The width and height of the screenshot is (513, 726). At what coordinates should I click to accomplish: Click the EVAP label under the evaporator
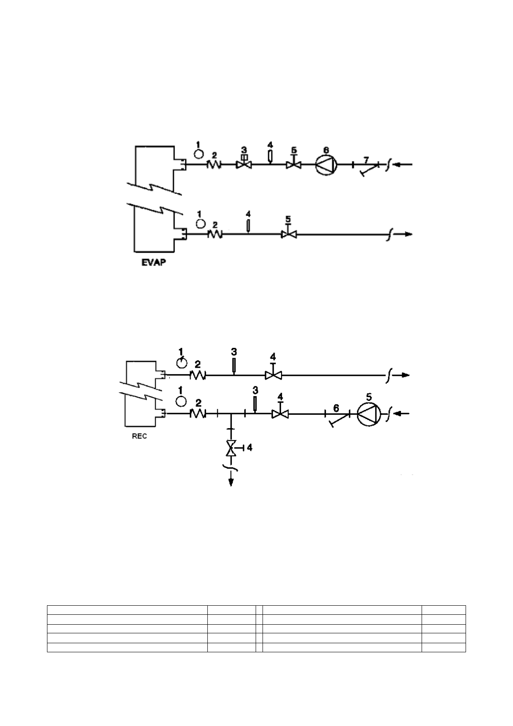pos(153,262)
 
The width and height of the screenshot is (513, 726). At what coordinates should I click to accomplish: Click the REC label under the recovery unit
pos(139,436)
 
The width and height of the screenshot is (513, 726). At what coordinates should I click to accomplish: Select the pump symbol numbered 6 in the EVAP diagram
pos(326,164)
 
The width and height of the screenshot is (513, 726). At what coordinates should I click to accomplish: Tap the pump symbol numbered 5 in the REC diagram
pos(369,414)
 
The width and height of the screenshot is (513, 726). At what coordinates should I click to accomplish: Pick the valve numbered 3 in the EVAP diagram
pos(244,164)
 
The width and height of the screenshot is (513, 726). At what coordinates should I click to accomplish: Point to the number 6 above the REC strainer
pos(336,407)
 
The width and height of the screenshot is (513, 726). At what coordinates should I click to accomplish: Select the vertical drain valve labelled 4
pos(231,449)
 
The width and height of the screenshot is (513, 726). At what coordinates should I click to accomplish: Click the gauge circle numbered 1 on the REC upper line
pos(181,363)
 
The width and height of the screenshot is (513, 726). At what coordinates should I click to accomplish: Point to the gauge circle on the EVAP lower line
pos(200,223)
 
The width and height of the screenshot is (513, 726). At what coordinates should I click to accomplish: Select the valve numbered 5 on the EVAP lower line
pos(288,234)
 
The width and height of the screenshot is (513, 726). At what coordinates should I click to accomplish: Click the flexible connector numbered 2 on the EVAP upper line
pos(214,164)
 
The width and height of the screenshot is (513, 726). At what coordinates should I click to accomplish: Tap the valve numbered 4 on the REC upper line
pos(272,375)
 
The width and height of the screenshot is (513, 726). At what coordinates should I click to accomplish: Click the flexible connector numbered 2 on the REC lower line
pos(198,414)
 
